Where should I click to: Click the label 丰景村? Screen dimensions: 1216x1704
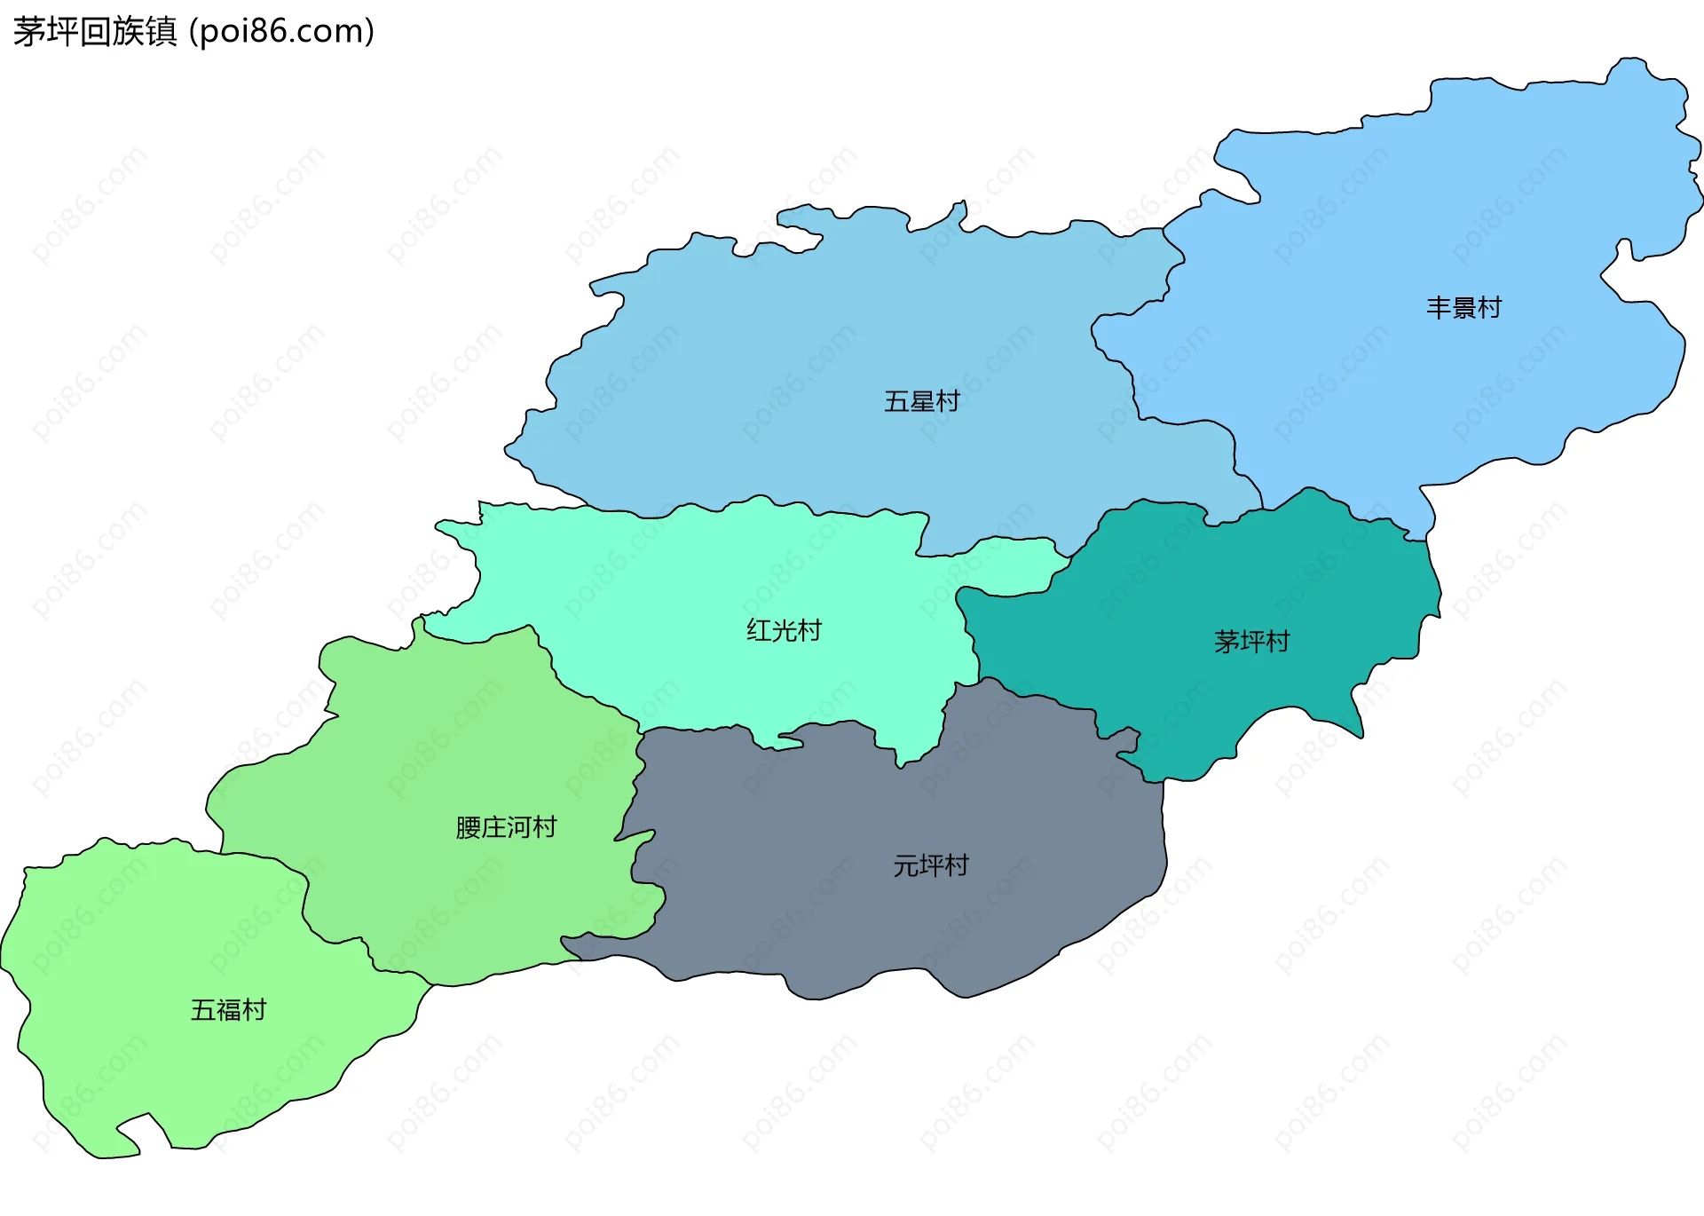click(x=1463, y=308)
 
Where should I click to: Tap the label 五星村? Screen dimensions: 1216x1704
click(x=922, y=401)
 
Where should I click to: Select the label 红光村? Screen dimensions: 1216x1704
click(x=784, y=630)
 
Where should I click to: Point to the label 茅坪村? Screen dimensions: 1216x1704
click(x=1251, y=641)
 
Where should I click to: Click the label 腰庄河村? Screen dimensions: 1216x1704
click(x=506, y=827)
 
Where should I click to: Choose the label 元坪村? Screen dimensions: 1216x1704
click(x=930, y=865)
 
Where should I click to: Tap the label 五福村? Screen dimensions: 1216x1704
click(x=228, y=1010)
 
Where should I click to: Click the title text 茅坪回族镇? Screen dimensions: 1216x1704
click(x=95, y=32)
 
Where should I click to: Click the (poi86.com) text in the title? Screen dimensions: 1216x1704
click(x=282, y=32)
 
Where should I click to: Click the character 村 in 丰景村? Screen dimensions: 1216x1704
click(x=1489, y=308)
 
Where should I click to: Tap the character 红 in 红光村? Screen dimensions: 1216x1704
click(x=759, y=630)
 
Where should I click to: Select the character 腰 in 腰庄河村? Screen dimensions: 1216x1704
click(x=468, y=827)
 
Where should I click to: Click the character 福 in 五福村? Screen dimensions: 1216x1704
click(x=228, y=1010)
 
